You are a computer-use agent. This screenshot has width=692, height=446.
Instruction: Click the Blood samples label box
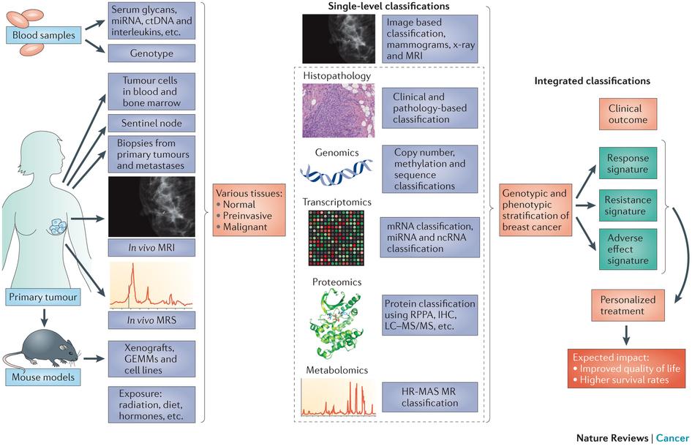[x=44, y=35]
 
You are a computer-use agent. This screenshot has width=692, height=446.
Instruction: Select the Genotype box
[x=151, y=53]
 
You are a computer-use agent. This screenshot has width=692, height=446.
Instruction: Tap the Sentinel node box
[x=151, y=124]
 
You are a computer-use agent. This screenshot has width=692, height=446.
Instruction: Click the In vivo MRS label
[x=151, y=320]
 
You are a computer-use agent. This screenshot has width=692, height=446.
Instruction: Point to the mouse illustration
[x=42, y=347]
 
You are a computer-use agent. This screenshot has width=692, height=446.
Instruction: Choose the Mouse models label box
[x=43, y=377]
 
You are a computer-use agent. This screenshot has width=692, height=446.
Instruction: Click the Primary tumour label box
[x=43, y=298]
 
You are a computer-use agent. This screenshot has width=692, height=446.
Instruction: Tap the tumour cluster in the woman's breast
[x=57, y=227]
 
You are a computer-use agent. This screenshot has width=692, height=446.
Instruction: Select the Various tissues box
[x=249, y=210]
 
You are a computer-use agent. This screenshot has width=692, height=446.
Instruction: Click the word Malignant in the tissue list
[x=245, y=227]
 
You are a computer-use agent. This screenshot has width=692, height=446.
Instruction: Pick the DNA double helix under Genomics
[x=336, y=173]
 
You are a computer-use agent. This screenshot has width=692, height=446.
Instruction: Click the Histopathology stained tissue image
[x=339, y=110]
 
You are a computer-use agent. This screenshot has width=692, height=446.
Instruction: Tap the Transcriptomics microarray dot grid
[x=336, y=238]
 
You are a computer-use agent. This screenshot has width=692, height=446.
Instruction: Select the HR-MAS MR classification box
[x=429, y=397]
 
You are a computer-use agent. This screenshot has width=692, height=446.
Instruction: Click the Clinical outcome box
[x=628, y=114]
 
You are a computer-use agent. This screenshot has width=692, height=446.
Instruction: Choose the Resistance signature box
[x=628, y=205]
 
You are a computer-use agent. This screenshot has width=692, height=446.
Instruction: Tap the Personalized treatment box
[x=628, y=306]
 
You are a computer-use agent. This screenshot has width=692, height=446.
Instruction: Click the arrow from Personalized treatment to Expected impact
[x=626, y=336]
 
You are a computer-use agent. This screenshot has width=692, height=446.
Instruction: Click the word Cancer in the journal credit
[x=672, y=438]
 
